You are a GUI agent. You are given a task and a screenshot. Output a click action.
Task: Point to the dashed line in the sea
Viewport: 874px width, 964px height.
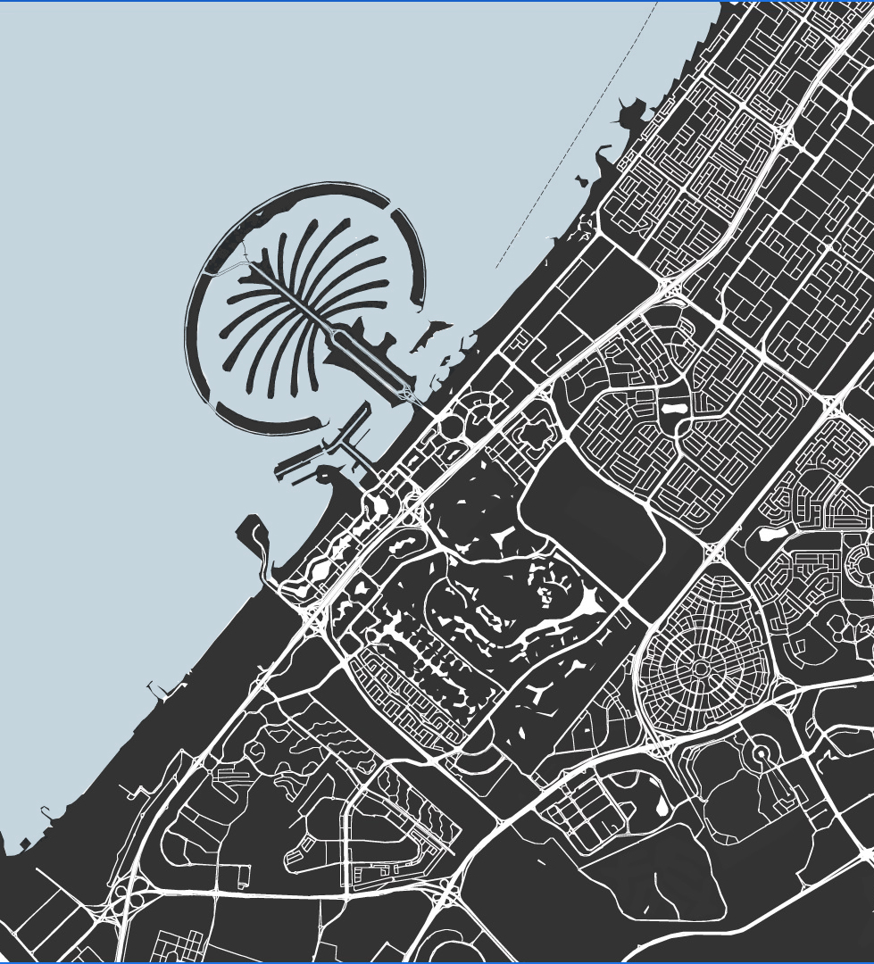pos(571,143)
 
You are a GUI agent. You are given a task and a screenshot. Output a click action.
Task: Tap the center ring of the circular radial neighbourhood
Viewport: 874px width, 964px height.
pos(701,668)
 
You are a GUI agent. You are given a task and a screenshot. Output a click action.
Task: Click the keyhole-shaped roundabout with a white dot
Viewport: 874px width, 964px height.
pos(761,755)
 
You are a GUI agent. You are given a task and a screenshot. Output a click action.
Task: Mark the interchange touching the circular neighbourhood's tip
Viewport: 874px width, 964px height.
pos(715,553)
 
